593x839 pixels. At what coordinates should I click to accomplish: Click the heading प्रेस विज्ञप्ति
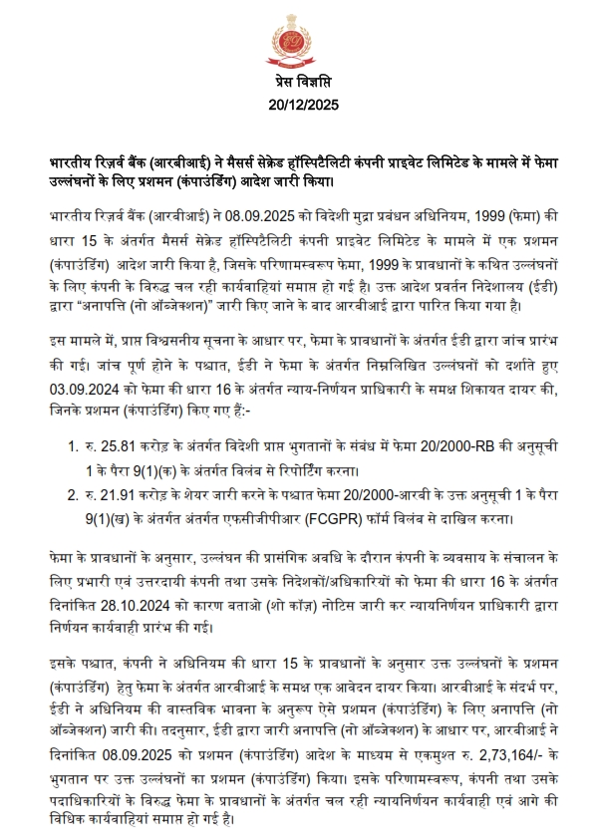[x=297, y=81]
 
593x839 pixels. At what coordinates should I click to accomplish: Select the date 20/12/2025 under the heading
[x=297, y=104]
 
